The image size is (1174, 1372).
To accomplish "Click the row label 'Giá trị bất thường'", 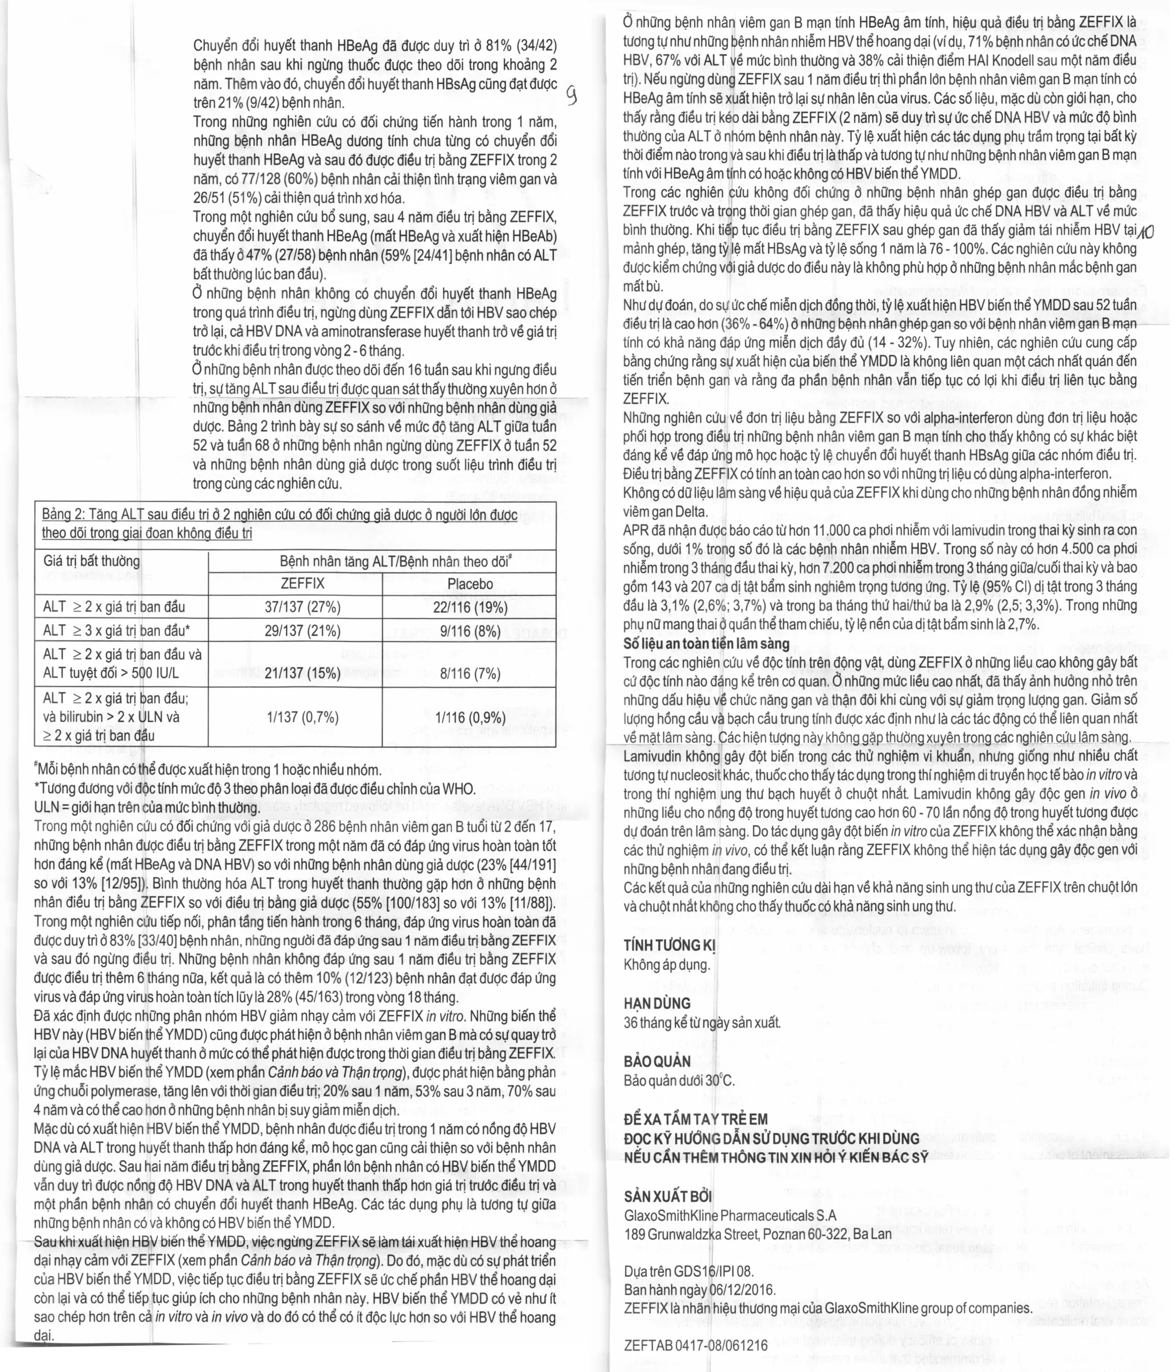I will pos(92,562).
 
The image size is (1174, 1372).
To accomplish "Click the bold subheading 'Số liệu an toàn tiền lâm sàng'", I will pos(706,644).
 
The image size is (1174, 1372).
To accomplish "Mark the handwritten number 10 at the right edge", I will pos(1146,231).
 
